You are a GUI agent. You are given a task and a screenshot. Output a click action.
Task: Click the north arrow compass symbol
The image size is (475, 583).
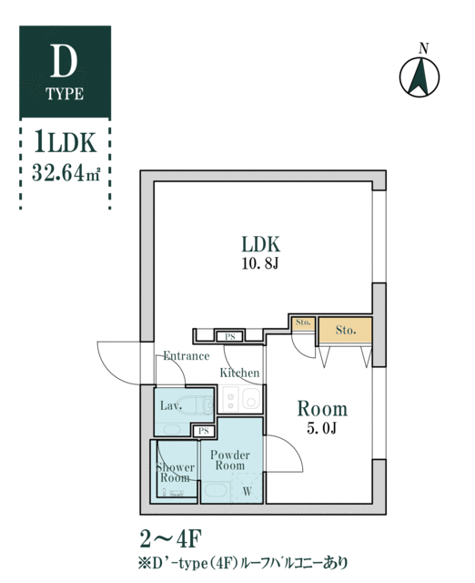pyautogui.click(x=419, y=77)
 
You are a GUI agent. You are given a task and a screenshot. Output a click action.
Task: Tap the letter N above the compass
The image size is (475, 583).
pyautogui.click(x=424, y=48)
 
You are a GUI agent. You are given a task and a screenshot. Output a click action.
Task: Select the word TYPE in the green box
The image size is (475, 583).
pyautogui.click(x=65, y=94)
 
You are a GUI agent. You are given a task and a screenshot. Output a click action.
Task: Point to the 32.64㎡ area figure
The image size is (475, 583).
pyautogui.click(x=66, y=172)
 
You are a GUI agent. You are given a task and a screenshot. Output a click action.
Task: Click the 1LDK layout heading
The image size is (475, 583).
pyautogui.click(x=66, y=142)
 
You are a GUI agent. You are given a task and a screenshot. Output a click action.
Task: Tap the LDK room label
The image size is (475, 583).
pyautogui.click(x=261, y=244)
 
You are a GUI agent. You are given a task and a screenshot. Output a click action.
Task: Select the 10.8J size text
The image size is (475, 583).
pyautogui.click(x=260, y=264)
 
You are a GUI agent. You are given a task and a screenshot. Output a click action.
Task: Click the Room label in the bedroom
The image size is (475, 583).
pyautogui.click(x=322, y=409)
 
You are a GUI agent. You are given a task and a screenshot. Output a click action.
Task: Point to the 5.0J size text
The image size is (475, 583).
pyautogui.click(x=321, y=428)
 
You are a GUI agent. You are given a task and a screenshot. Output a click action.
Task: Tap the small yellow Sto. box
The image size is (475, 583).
pyautogui.click(x=303, y=323)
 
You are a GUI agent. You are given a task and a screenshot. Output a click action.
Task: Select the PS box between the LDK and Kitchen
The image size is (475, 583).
pyautogui.click(x=230, y=337)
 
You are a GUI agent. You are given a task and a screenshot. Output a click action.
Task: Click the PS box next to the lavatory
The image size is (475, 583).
pyautogui.click(x=203, y=431)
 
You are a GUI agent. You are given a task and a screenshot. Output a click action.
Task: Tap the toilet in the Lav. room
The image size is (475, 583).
pyautogui.click(x=197, y=404)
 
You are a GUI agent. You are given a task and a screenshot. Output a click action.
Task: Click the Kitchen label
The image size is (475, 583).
pyautogui.click(x=239, y=373)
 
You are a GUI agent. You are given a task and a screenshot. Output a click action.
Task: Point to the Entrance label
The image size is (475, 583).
pyautogui.click(x=187, y=356)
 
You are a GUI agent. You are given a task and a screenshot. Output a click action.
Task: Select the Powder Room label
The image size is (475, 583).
pyautogui.click(x=230, y=460)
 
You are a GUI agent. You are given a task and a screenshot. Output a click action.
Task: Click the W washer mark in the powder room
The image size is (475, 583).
pyautogui.click(x=247, y=492)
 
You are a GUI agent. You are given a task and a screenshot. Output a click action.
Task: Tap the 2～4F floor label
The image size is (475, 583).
pyautogui.click(x=170, y=539)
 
